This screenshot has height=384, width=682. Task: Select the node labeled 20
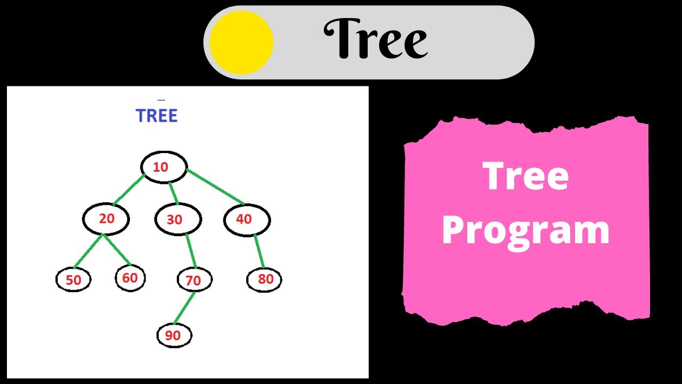tap(106, 219)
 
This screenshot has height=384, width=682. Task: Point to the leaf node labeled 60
tap(130, 278)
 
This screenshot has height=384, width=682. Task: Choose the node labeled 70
tap(194, 280)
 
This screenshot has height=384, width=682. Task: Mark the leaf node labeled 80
tap(264, 279)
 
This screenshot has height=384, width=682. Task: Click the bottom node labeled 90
tap(174, 335)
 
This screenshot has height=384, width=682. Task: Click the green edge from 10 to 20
tap(128, 190)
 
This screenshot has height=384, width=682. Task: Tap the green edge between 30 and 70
tap(191, 251)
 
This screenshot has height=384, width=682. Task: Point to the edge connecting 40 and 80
tap(259, 252)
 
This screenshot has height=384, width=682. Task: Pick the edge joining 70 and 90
tap(184, 308)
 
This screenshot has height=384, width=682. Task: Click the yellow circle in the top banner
tap(241, 42)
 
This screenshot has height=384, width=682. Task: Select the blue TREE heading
tap(157, 116)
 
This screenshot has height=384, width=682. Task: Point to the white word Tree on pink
tap(526, 177)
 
